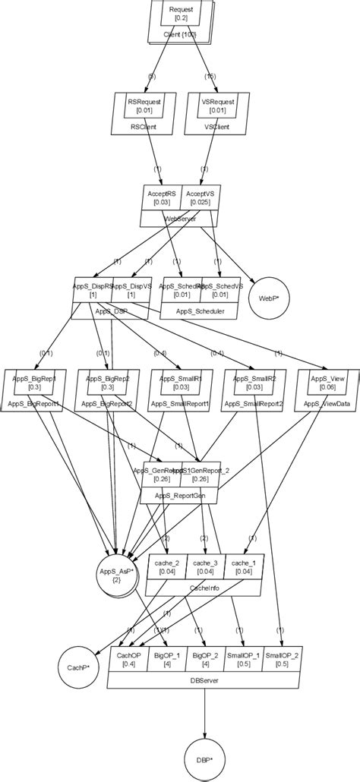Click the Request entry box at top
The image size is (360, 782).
click(181, 14)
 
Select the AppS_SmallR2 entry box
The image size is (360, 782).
click(253, 383)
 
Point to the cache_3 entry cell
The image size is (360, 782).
click(204, 566)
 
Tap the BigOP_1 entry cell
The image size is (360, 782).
click(166, 660)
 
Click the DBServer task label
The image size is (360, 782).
click(204, 682)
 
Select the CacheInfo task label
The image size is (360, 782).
click(204, 588)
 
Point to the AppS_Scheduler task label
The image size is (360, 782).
click(201, 311)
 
